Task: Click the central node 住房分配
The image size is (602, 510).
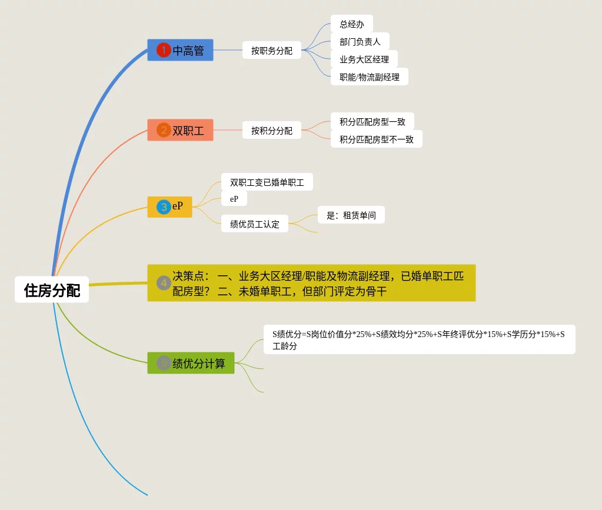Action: (52, 289)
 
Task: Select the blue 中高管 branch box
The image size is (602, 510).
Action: (180, 51)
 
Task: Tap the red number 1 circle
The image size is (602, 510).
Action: (164, 51)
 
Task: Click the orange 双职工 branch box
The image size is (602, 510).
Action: (180, 130)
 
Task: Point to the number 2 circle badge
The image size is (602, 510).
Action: (164, 130)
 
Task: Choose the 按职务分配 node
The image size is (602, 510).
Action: (271, 51)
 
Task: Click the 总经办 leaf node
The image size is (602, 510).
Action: (351, 24)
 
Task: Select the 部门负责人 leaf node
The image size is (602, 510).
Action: (360, 42)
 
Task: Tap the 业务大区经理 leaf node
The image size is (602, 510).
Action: (364, 59)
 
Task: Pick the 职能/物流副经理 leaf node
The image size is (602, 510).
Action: (369, 76)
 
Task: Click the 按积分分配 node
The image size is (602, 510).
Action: (271, 130)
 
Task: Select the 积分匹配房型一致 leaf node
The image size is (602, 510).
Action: (372, 122)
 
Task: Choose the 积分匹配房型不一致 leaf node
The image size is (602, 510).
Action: (376, 139)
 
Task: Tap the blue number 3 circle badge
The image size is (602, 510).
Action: (164, 207)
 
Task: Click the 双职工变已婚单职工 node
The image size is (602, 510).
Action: (267, 182)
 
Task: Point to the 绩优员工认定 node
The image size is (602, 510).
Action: (254, 224)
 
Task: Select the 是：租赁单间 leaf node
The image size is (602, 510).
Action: (351, 215)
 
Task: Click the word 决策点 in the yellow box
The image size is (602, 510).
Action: (188, 276)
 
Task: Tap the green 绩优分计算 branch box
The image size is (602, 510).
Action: (191, 363)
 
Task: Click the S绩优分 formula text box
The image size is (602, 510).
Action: (418, 339)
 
